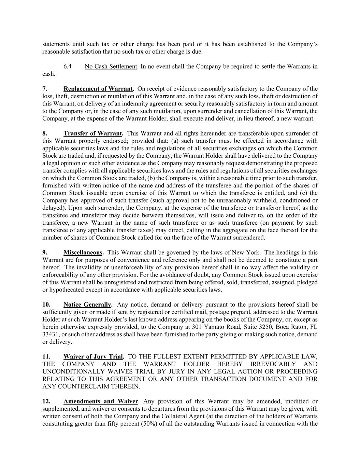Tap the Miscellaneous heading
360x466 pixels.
[83, 253]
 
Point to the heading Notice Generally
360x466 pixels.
[88, 305]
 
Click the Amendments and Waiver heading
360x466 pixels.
[101, 401]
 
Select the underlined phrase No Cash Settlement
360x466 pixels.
[111, 66]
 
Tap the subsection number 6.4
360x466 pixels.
[68, 66]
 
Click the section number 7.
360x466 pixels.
[45, 89]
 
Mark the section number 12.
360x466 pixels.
[46, 401]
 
